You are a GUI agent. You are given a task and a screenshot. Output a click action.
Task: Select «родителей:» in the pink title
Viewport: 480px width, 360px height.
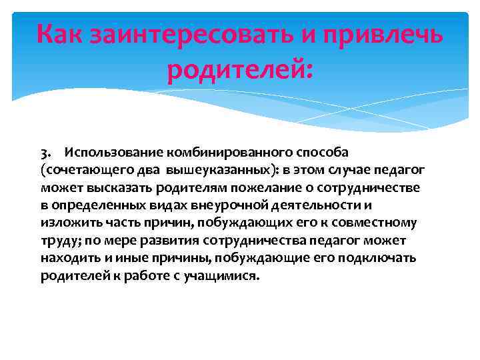(x=239, y=69)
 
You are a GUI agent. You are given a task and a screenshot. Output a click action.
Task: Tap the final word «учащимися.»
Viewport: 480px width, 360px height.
(x=221, y=275)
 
